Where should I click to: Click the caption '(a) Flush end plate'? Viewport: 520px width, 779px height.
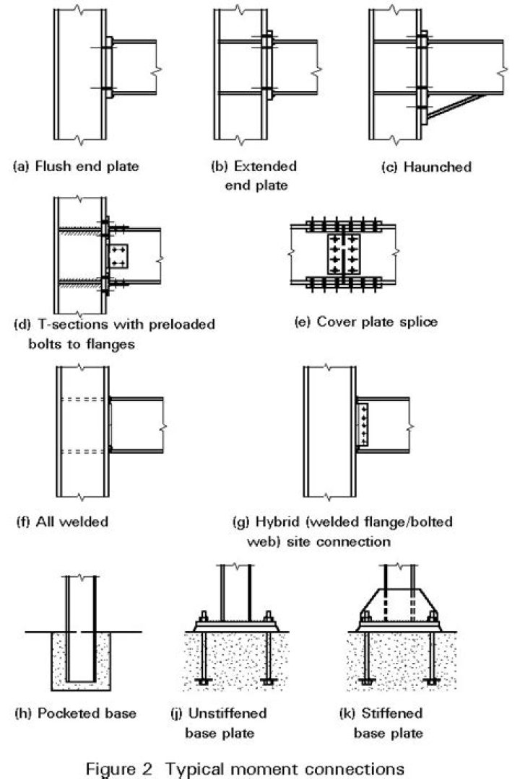click(x=77, y=167)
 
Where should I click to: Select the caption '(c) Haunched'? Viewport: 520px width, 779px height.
click(x=426, y=167)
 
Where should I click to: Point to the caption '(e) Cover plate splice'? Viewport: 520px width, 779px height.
click(x=366, y=322)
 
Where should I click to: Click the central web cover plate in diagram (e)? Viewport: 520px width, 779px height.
click(x=343, y=252)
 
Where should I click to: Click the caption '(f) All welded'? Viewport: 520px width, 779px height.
click(x=61, y=521)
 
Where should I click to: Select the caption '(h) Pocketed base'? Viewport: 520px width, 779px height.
click(x=76, y=714)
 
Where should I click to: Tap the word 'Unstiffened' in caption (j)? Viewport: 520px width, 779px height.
click(x=227, y=714)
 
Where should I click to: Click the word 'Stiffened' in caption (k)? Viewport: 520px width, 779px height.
click(x=382, y=714)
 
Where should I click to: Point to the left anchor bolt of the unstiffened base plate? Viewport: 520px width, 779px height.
click(x=203, y=653)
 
